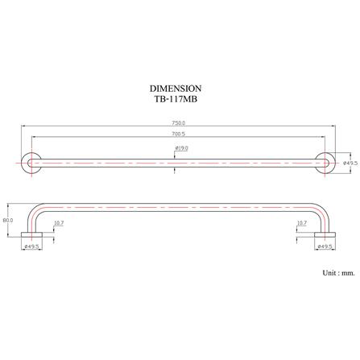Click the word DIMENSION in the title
pos(176,89)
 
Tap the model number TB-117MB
pos(176,99)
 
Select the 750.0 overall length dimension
pos(179,123)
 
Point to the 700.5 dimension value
pos(179,134)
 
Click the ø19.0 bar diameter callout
pos(181,148)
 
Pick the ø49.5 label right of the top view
pos(350,163)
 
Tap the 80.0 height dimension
pos(8,220)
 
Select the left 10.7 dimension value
pos(59,223)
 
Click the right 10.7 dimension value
pos(302,223)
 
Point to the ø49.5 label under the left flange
pos(31,246)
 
